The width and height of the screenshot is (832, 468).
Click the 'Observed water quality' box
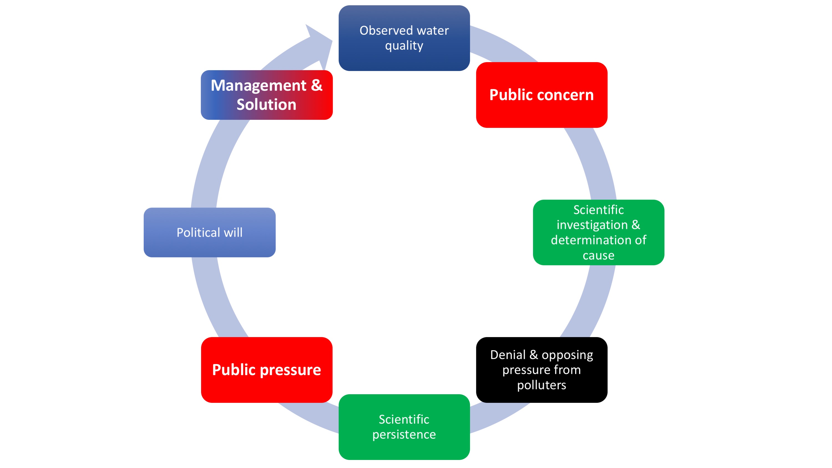click(404, 58)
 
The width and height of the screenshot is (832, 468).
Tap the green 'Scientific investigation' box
click(598, 232)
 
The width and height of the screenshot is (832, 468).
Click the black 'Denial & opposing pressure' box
click(542, 370)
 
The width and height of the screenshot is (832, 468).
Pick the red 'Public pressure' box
click(266, 388)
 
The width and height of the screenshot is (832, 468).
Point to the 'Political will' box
click(210, 246)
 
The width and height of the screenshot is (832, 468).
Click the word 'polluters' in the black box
click(542, 385)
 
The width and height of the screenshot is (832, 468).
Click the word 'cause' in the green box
click(598, 255)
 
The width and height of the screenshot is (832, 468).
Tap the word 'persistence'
click(404, 434)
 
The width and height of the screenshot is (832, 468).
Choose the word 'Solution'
click(266, 104)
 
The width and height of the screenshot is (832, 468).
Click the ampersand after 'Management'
click(317, 85)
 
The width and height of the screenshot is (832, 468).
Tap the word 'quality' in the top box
click(404, 45)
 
